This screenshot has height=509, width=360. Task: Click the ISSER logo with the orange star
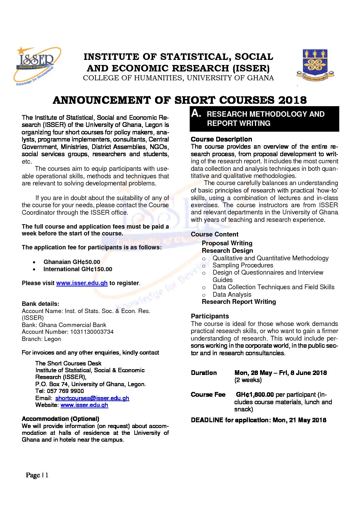pos(37,66)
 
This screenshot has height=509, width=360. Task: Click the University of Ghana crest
pos(315,65)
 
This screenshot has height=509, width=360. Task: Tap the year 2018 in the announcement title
pos(292,100)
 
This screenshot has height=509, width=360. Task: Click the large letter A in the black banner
pos(196,113)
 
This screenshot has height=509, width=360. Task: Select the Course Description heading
pos(221,139)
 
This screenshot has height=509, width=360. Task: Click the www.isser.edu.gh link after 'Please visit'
pos(82,283)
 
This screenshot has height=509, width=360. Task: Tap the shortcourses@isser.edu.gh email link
pos(92,398)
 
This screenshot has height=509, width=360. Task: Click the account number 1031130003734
pos(92,332)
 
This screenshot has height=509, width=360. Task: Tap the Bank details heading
pos(40,304)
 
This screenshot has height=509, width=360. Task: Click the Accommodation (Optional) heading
pos(61,419)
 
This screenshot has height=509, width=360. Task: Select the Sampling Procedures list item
pos(243,265)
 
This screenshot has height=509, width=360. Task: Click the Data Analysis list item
pos(232,295)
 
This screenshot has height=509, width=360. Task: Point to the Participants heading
pos(210,316)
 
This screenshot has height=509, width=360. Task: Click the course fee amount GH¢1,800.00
pos(255,395)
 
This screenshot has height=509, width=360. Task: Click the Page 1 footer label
pos(37,475)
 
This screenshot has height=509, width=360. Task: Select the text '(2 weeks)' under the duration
pos(248,380)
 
